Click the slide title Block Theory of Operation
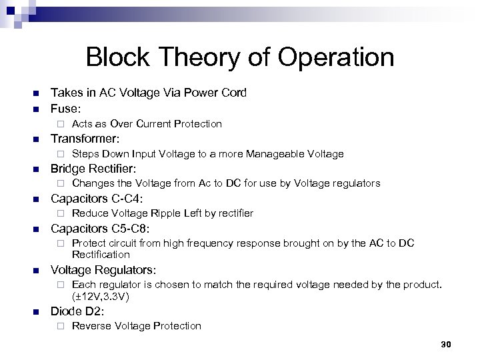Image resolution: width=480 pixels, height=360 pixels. pos(239,57)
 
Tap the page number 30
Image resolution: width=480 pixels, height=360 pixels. pos(446,344)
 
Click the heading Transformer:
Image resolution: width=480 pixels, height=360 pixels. pos(85,139)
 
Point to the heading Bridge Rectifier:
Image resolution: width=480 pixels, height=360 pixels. pos(93,168)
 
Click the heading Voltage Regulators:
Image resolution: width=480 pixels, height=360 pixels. pos(103,271)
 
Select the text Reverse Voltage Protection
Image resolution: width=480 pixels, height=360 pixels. pos(136,326)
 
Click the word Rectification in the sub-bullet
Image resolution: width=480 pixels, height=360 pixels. pos(101,255)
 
